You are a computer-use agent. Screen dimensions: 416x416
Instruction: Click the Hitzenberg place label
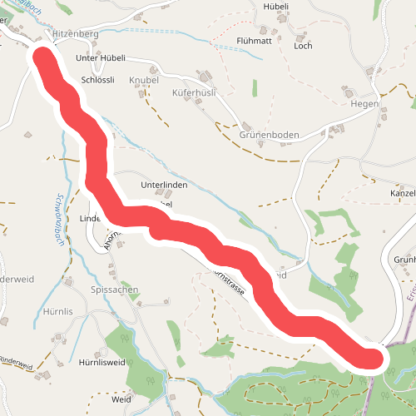[75, 33]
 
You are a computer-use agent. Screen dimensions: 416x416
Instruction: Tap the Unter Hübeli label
[100, 58]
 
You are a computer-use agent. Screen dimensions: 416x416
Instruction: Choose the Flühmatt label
[255, 40]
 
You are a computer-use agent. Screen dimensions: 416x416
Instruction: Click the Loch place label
[303, 46]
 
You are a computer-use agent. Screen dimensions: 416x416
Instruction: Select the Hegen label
[364, 104]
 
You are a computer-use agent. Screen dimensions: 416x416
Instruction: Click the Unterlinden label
[165, 185]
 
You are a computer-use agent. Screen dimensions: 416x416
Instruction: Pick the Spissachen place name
[113, 290]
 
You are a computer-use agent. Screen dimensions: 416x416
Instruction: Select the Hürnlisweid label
[101, 363]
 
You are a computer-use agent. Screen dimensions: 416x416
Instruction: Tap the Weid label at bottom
[121, 399]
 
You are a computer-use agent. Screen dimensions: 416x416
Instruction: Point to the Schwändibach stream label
[60, 220]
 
